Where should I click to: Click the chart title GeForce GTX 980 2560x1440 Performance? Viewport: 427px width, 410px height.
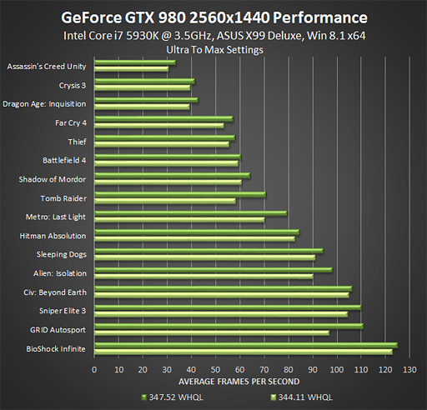click(213, 17)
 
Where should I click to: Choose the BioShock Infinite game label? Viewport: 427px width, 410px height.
click(56, 348)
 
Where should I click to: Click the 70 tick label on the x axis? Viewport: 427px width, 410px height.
click(264, 368)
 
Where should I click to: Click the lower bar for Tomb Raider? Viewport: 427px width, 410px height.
click(165, 201)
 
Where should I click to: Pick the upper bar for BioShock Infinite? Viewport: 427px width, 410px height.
click(245, 345)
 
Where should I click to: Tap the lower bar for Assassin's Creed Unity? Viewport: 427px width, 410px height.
click(132, 69)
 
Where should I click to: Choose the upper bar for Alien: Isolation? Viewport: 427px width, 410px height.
click(213, 270)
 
